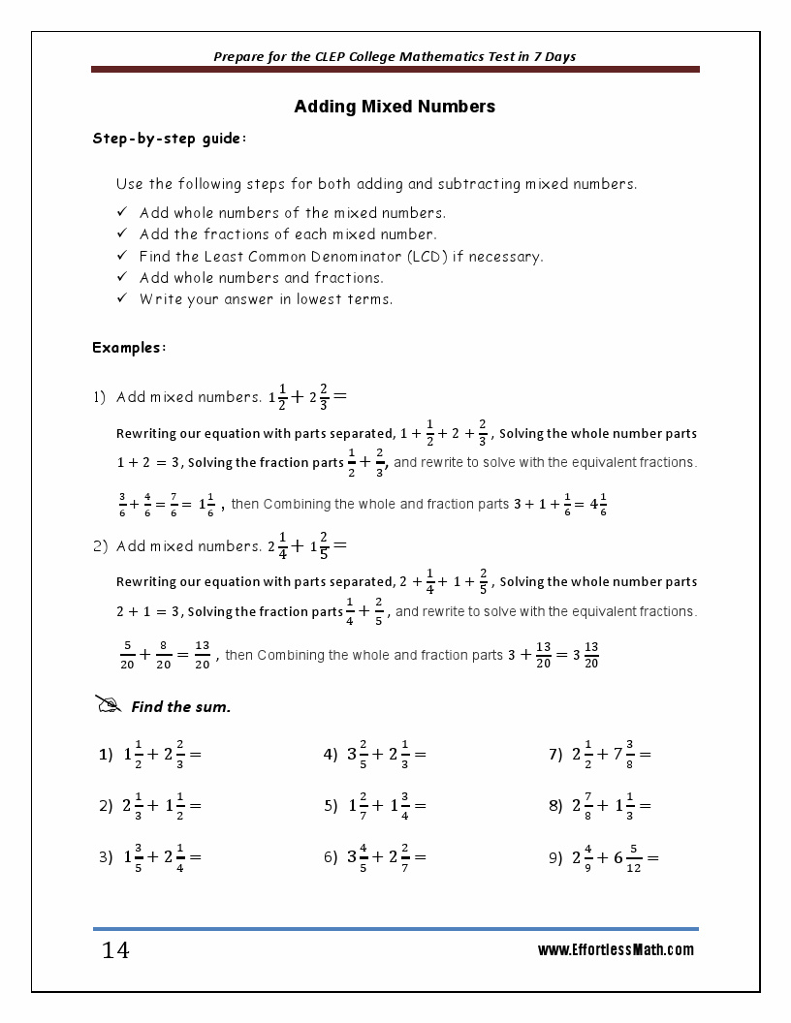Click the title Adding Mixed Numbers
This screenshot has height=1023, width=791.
coord(395,107)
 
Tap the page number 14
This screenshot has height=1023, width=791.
coord(115,950)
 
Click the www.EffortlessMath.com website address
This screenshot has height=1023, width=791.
coord(616,950)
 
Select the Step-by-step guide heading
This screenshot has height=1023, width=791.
coord(170,139)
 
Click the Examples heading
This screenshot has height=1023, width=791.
coord(129,347)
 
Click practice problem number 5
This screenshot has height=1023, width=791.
coord(375,805)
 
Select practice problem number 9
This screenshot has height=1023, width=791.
coord(604,857)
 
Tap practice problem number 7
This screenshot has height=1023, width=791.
coord(600,754)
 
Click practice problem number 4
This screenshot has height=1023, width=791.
coord(375,754)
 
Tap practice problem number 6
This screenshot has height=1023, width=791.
coord(375,857)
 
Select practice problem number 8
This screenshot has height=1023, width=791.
coord(600,805)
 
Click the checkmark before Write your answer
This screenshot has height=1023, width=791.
coord(122,298)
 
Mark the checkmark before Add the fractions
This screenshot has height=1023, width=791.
coord(122,233)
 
